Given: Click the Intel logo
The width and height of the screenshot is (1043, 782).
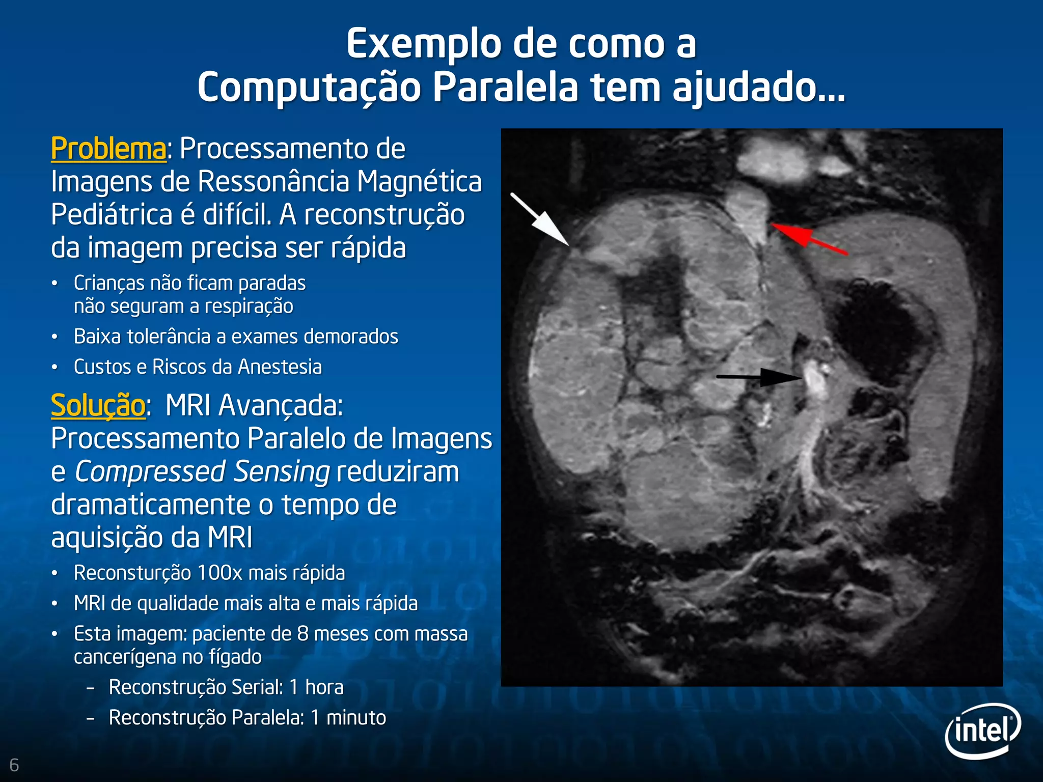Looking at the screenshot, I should tap(983, 731).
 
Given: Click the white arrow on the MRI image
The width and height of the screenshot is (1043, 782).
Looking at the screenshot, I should tap(540, 219).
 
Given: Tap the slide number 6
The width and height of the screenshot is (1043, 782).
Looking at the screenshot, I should tap(14, 765).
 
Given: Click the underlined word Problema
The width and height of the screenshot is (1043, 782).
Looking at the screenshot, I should tap(108, 149).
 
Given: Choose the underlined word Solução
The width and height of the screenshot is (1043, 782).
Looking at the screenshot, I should tap(98, 406).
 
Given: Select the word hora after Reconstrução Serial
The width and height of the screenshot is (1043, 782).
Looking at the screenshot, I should tap(324, 687).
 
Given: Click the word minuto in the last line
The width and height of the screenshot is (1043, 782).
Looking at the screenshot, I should tap(356, 718).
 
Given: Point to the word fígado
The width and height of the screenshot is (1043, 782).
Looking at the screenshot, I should tap(236, 657).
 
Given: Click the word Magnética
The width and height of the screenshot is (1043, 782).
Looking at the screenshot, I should tap(419, 182).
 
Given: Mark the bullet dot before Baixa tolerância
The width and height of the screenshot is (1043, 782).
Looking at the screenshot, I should tap(54, 337).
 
